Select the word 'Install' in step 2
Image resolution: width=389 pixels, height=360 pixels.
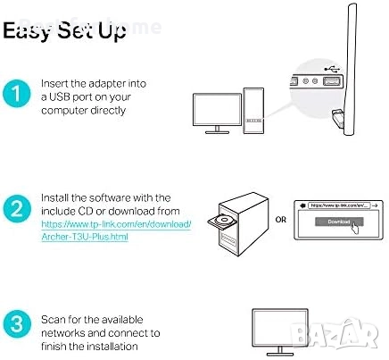[56, 197]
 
